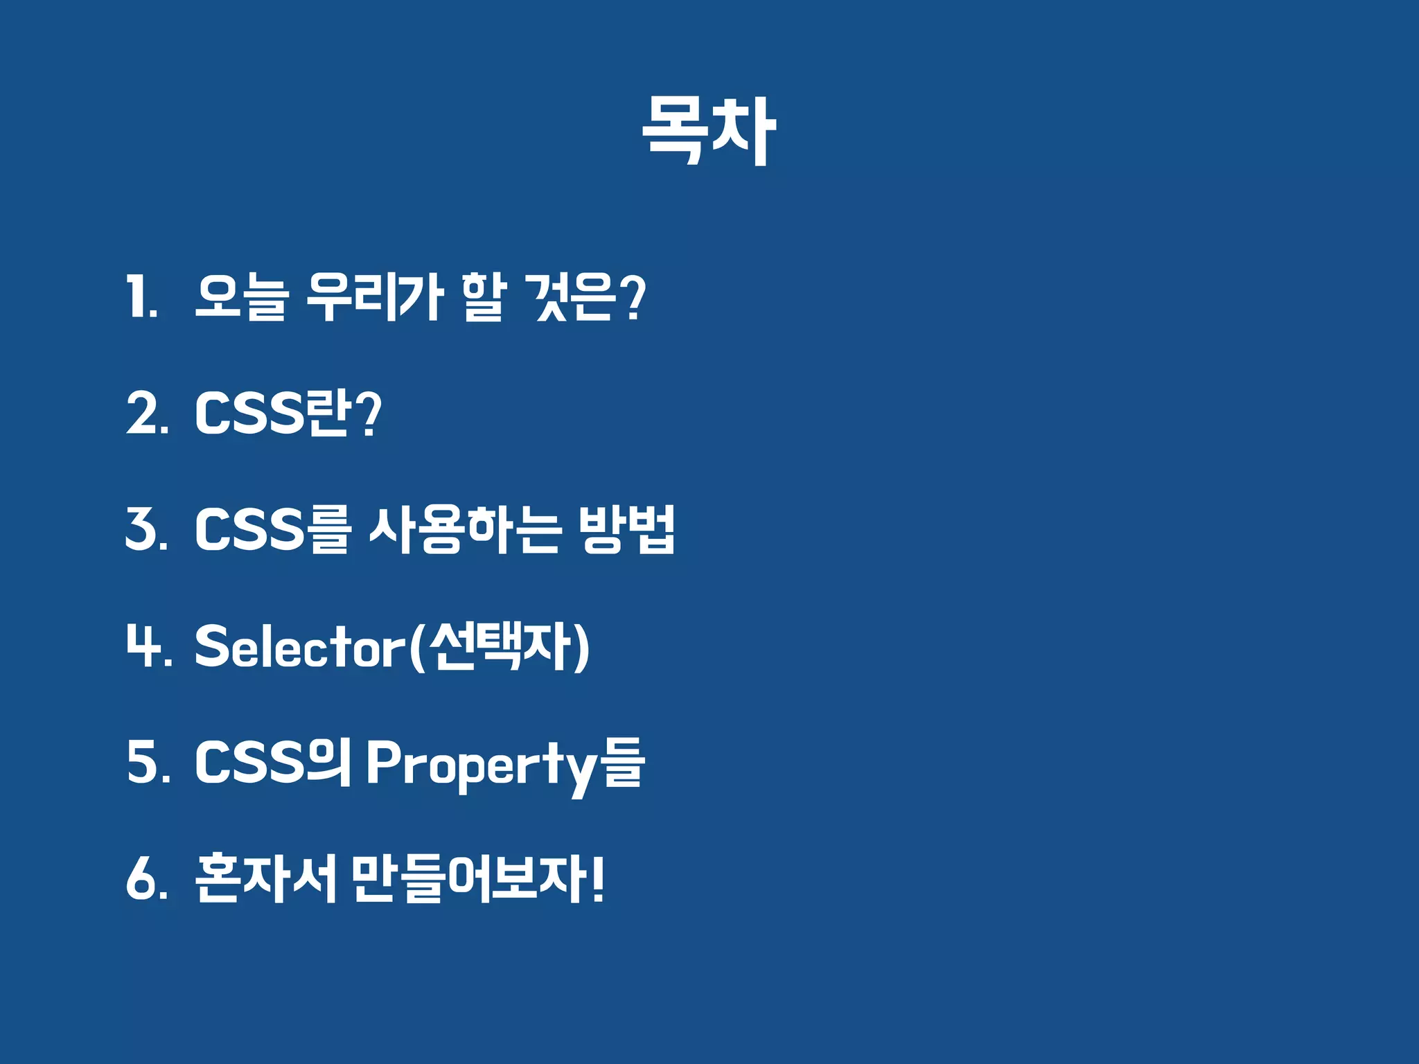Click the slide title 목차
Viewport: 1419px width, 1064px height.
coord(708,131)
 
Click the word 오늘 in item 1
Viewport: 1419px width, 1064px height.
coord(240,297)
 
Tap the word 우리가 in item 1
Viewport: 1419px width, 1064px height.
coord(374,297)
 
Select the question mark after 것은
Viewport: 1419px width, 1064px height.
coord(633,297)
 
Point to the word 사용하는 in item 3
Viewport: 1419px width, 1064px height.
coord(464,529)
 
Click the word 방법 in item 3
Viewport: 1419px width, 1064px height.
coord(626,529)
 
